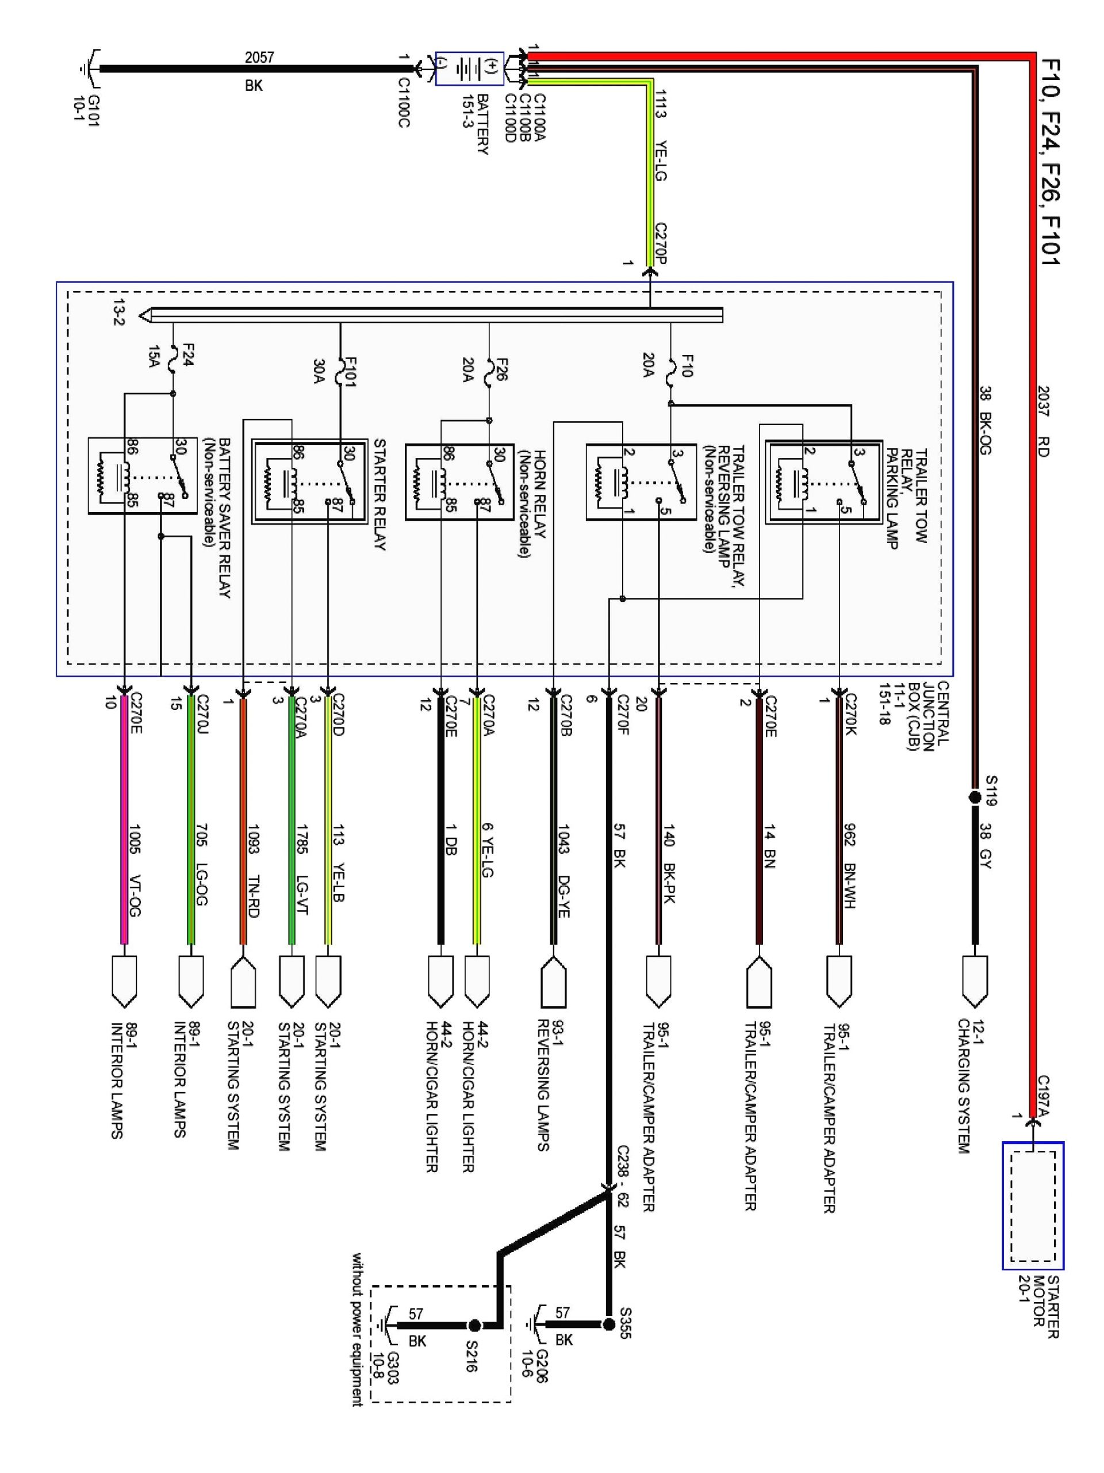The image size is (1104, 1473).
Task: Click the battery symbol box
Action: [x=469, y=68]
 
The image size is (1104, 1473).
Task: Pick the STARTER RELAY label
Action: [x=379, y=494]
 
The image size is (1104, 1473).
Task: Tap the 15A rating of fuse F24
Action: [x=154, y=356]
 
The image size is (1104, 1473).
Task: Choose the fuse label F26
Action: [x=502, y=369]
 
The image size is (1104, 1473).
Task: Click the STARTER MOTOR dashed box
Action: [x=1032, y=1205]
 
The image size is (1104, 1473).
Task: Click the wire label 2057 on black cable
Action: [x=259, y=58]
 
